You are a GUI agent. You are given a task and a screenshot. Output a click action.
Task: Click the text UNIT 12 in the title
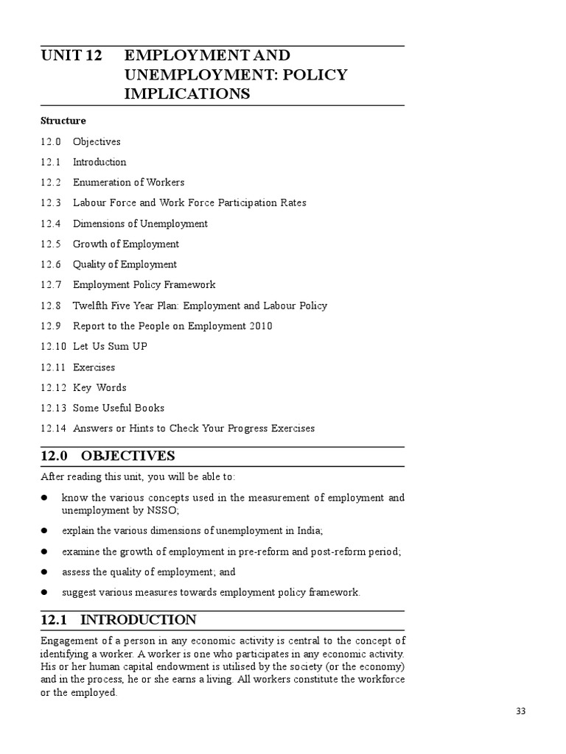pos(71,56)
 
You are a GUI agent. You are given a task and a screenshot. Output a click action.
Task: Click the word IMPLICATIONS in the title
pos(187,94)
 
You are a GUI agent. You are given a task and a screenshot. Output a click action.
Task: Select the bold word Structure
pos(63,121)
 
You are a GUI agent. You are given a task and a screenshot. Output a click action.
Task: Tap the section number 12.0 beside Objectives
pos(51,141)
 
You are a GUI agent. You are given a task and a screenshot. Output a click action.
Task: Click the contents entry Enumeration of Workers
pos(128,183)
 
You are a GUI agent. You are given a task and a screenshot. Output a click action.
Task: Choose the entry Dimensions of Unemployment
pos(140,224)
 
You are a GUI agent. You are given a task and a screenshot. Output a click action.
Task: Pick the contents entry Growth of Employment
pos(125,244)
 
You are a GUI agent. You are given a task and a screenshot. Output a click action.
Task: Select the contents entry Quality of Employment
pos(125,264)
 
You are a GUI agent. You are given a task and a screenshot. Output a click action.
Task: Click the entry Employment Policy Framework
pos(144,285)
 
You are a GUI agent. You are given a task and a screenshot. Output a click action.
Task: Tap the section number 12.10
pos(54,346)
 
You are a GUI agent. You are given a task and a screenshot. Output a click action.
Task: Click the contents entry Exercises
pos(94,367)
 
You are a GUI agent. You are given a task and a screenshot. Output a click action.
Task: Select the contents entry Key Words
pos(99,387)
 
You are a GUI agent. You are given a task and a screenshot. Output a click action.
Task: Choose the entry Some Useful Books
pos(119,408)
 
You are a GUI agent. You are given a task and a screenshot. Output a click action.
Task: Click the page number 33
pos(521,711)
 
